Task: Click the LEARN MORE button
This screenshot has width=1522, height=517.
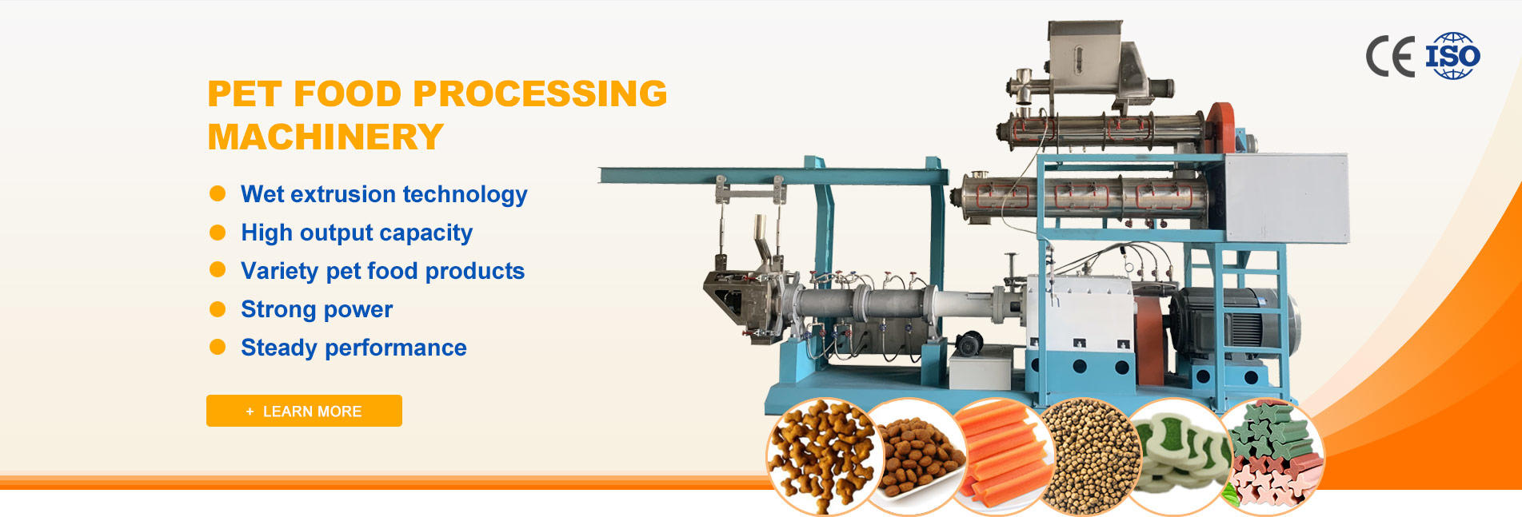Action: pyautogui.click(x=304, y=411)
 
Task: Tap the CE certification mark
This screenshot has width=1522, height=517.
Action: pyautogui.click(x=1390, y=57)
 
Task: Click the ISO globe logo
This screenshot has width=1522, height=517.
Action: pyautogui.click(x=1452, y=56)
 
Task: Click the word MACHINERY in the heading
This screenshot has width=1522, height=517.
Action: pyautogui.click(x=326, y=137)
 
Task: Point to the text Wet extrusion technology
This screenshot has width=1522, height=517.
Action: pyautogui.click(x=384, y=194)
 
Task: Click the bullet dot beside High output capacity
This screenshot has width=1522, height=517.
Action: pyautogui.click(x=218, y=232)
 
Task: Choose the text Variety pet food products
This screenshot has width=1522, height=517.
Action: pyautogui.click(x=382, y=271)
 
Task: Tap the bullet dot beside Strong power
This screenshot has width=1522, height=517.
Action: pyautogui.click(x=218, y=308)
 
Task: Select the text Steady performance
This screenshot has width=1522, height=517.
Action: pyautogui.click(x=354, y=348)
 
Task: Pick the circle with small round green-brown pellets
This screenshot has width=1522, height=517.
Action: pyautogui.click(x=1093, y=456)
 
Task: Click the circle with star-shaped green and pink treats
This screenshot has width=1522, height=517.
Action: pyautogui.click(x=1271, y=456)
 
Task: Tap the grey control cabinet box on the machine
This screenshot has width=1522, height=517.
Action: pyautogui.click(x=1286, y=197)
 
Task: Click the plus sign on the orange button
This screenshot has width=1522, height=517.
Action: pyautogui.click(x=250, y=412)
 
